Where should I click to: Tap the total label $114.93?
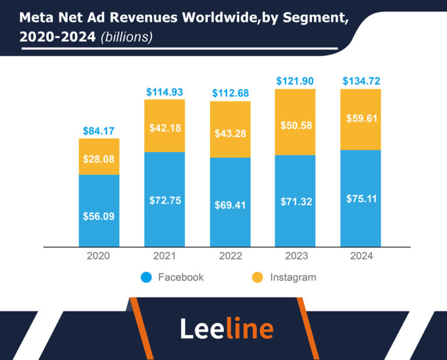pyautogui.click(x=165, y=92)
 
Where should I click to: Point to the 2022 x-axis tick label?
pyautogui.click(x=230, y=256)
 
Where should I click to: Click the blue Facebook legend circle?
pyautogui.click(x=146, y=277)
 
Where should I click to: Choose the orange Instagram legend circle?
pyautogui.click(x=257, y=277)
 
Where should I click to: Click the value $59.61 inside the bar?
pyautogui.click(x=361, y=119)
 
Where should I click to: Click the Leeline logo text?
pyautogui.click(x=226, y=329)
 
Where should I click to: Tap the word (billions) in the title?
pyautogui.click(x=126, y=37)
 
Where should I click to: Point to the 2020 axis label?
pyautogui.click(x=99, y=256)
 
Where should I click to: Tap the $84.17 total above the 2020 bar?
pyautogui.click(x=99, y=130)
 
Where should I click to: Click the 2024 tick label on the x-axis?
pyautogui.click(x=361, y=256)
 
